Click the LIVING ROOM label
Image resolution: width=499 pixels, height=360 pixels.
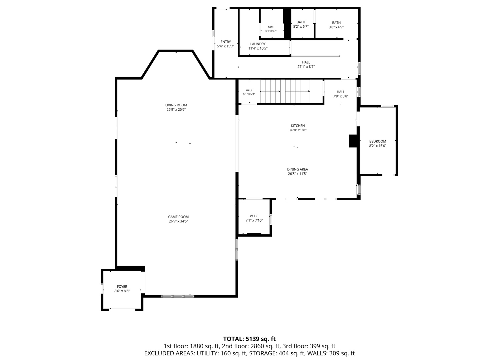[176, 105]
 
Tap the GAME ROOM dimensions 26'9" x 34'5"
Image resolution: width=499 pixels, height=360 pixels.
[178, 221]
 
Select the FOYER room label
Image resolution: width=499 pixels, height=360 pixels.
[122, 287]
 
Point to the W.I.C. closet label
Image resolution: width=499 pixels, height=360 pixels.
[254, 216]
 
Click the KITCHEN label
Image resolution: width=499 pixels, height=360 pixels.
[298, 126]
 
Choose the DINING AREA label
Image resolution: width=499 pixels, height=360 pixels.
[298, 169]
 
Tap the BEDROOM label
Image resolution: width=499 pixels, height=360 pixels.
[378, 141]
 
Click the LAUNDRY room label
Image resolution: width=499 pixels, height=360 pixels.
[258, 44]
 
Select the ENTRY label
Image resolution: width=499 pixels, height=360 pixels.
[226, 42]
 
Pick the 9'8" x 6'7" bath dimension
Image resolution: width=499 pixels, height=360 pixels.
[336, 27]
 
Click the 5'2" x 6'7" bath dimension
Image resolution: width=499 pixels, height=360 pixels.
[301, 26]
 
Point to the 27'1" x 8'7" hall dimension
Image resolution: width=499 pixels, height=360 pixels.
[306, 67]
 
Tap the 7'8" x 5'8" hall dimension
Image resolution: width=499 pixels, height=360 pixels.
[341, 96]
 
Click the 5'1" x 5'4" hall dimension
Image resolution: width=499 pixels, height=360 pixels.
[249, 94]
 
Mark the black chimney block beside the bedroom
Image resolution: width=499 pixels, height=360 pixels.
[353, 141]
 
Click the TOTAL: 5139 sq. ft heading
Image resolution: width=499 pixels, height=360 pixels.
[249, 339]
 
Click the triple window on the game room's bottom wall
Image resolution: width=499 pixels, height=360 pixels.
[177, 296]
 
